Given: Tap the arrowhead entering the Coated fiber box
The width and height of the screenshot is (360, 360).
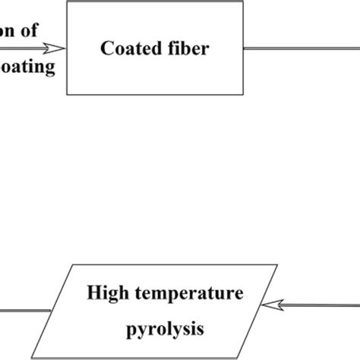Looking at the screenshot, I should (59, 49).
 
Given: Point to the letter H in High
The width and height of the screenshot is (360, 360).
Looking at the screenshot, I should (93, 292).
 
